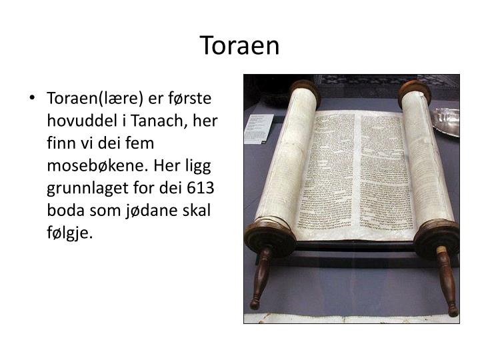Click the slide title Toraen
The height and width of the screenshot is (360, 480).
[x=240, y=46]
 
